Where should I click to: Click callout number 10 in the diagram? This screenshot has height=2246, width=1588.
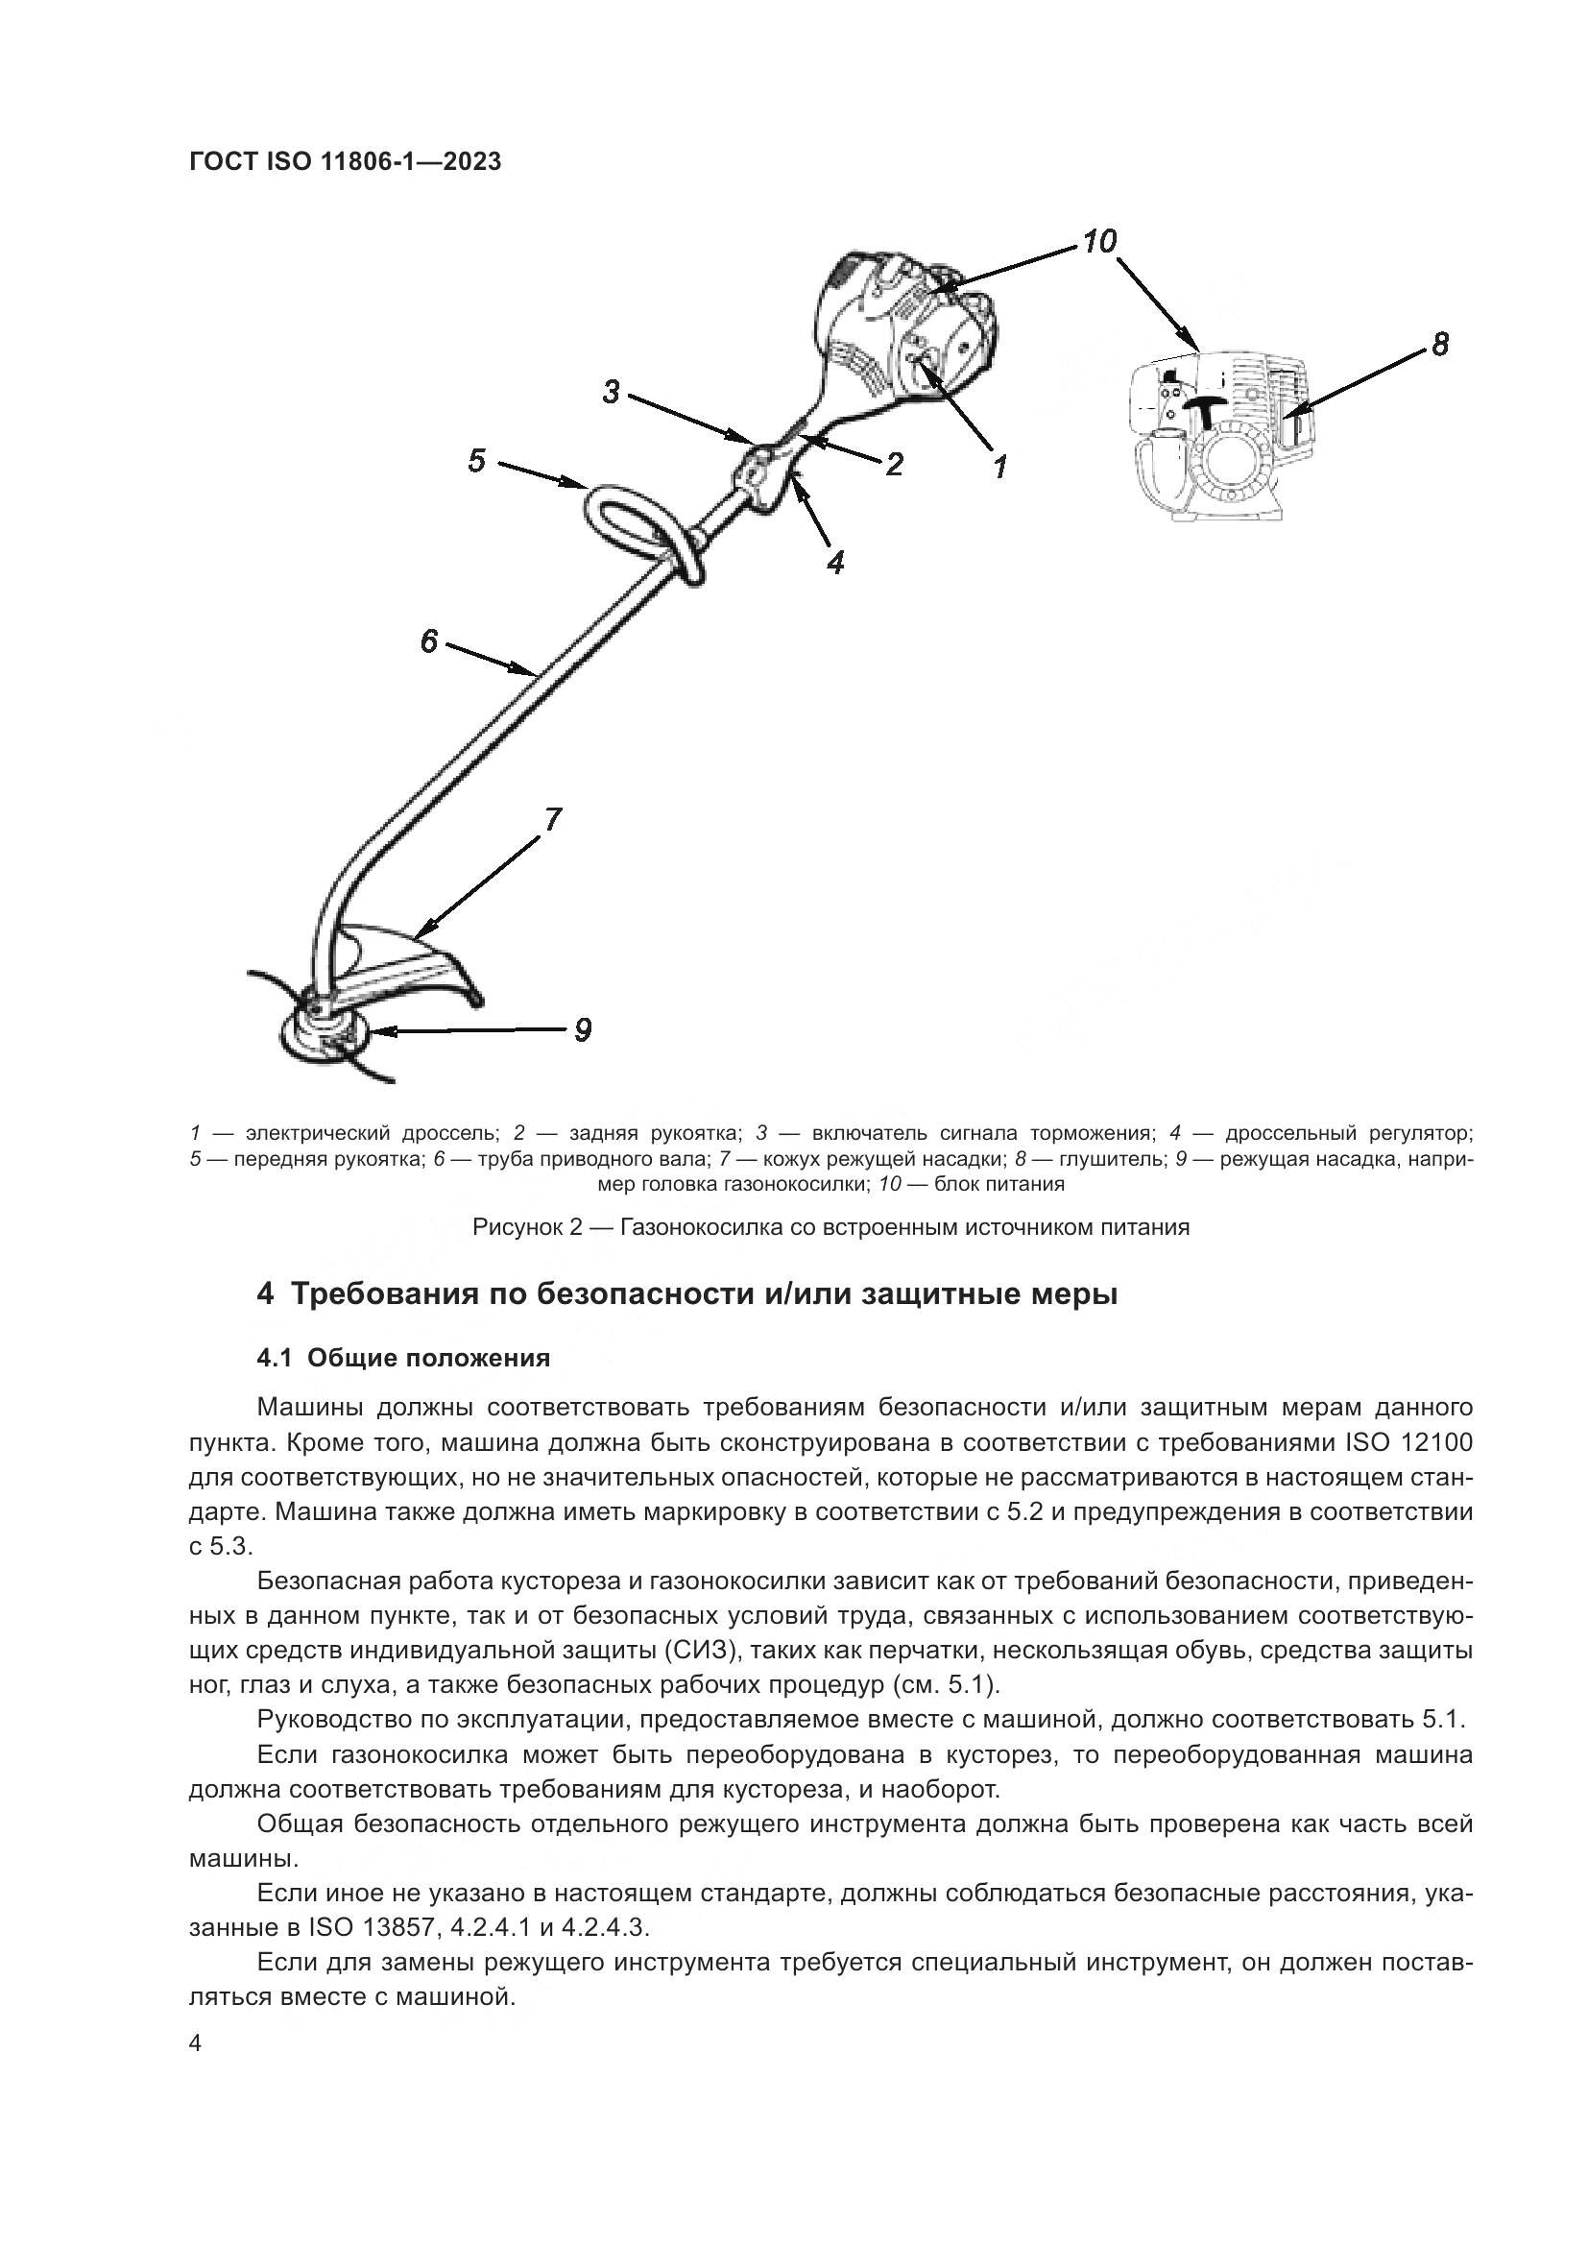[x=1099, y=241]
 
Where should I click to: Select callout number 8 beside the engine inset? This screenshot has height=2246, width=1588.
[x=1439, y=345]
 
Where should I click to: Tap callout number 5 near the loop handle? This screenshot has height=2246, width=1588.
[x=476, y=461]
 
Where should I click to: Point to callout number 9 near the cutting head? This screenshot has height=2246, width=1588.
[x=582, y=1029]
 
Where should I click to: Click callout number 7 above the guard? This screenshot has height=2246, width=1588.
[x=552, y=819]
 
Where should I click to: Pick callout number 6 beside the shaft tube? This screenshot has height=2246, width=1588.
[x=428, y=641]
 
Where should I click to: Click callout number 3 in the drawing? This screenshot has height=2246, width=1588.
[x=612, y=393]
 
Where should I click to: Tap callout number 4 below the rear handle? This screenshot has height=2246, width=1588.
[x=835, y=562]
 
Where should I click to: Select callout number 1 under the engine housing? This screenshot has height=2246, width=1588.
[x=999, y=466]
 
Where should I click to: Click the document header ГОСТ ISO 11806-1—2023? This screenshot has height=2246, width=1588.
[x=345, y=162]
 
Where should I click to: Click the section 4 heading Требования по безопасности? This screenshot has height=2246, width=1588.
[x=686, y=1294]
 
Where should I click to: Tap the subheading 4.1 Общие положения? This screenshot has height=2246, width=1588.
[x=403, y=1358]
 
